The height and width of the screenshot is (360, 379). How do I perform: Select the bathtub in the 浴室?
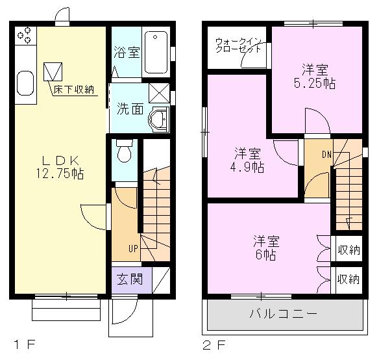click(156, 52)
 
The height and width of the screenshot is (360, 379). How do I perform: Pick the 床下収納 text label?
click(75, 88)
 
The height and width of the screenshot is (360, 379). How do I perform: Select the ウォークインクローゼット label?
click(238, 45)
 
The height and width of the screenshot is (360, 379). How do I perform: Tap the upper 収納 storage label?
click(348, 250)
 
